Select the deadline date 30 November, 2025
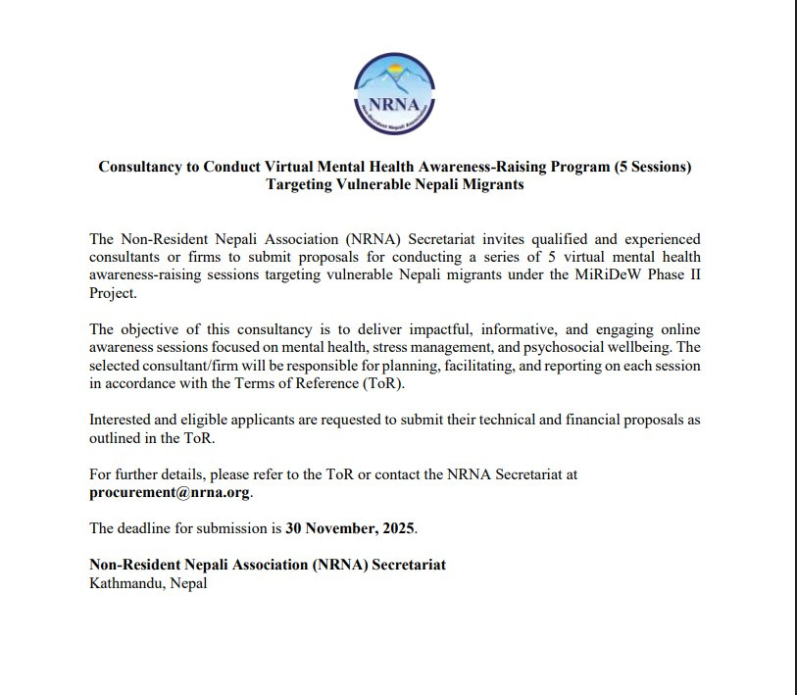[351, 528]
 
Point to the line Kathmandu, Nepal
[148, 583]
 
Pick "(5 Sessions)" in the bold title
[653, 167]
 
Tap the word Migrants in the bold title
[489, 185]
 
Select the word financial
[606, 420]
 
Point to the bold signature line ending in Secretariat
[268, 565]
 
